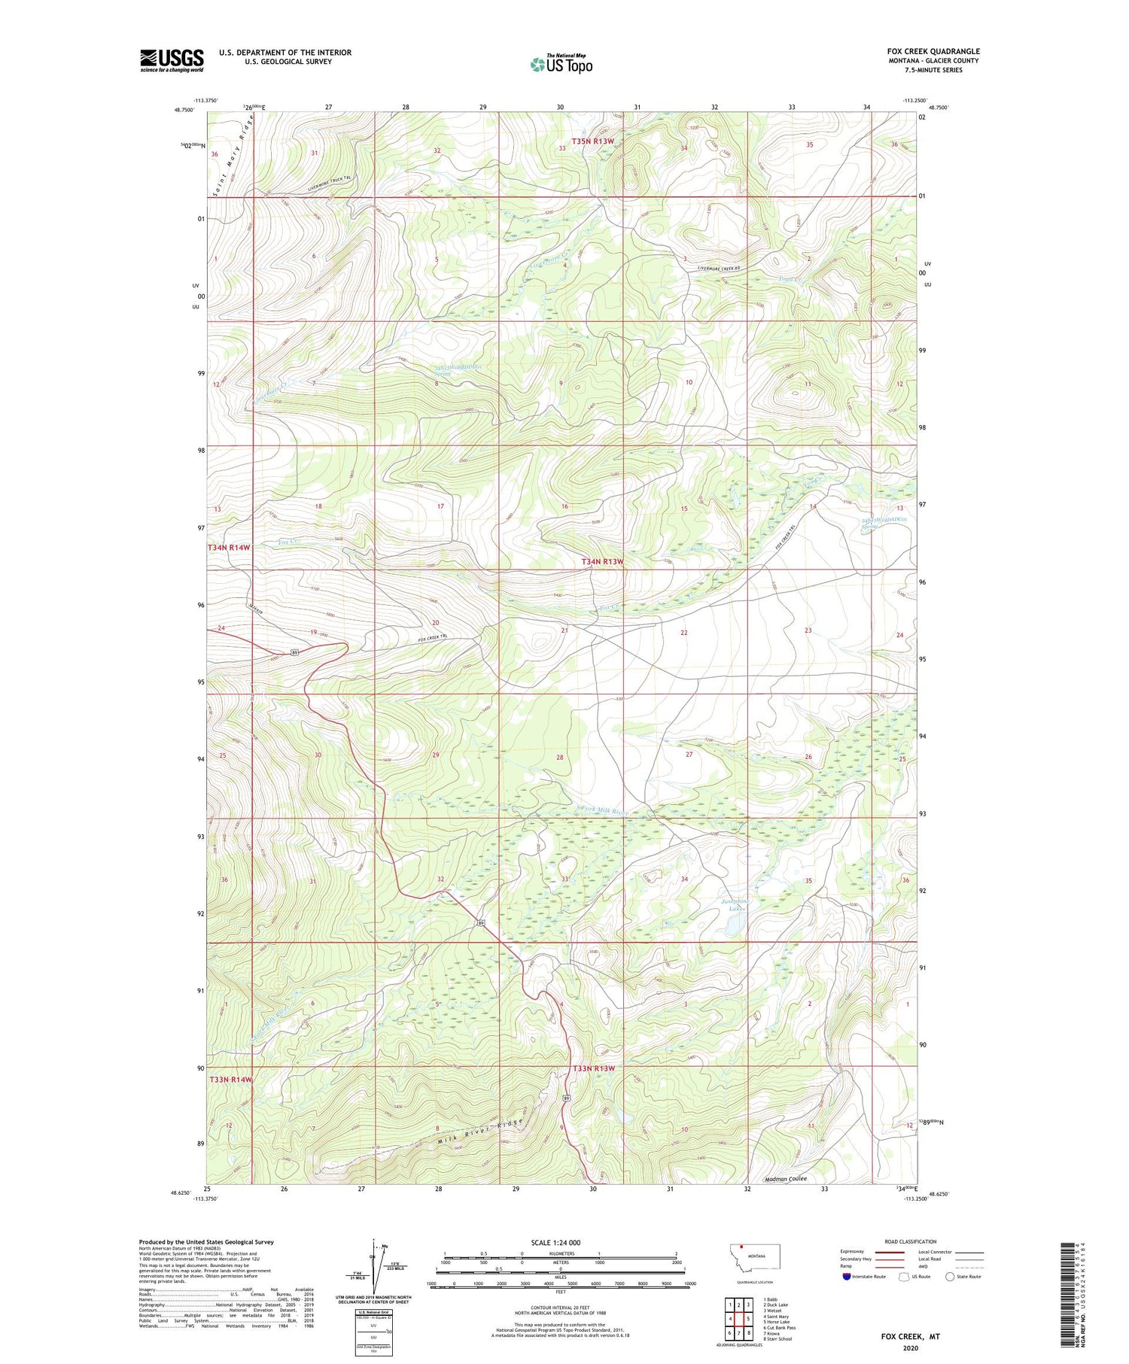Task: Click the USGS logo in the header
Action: click(172, 60)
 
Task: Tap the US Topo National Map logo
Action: click(561, 64)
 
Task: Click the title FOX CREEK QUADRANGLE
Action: click(933, 51)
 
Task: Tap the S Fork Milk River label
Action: click(601, 811)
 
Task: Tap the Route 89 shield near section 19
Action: click(296, 652)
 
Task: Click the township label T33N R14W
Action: click(230, 1079)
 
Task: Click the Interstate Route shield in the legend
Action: click(846, 1276)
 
